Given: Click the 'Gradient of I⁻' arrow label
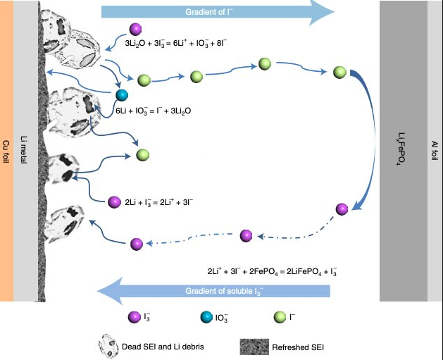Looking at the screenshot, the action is point(208,12).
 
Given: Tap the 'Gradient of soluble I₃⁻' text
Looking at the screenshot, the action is point(224,291).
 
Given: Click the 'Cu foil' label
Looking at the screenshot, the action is point(6,151).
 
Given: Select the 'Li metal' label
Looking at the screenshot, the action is point(24,150).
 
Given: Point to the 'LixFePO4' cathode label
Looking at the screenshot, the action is point(401,149).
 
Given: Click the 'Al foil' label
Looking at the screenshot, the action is point(435,151).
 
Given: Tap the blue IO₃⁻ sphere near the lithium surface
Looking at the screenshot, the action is point(122,95).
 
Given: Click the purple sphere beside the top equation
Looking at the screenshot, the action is point(135,29).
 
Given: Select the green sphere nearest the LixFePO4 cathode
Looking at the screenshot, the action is point(339,73).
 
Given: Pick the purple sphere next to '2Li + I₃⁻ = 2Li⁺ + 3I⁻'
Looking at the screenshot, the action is point(114,202).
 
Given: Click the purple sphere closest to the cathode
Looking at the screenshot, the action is point(342,209).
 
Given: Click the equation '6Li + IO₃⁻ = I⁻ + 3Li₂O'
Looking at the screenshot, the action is point(154,111).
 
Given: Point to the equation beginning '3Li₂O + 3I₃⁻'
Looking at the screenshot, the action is point(176,43).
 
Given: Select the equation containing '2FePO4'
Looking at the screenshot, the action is point(272,271).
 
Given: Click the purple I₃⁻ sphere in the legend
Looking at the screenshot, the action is point(135,317).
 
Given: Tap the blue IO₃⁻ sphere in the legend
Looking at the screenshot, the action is point(206,317).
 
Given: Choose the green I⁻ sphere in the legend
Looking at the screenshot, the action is point(280,317).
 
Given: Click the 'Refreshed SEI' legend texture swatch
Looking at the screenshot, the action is point(254,347).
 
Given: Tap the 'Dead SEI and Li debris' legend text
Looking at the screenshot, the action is point(163,347).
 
